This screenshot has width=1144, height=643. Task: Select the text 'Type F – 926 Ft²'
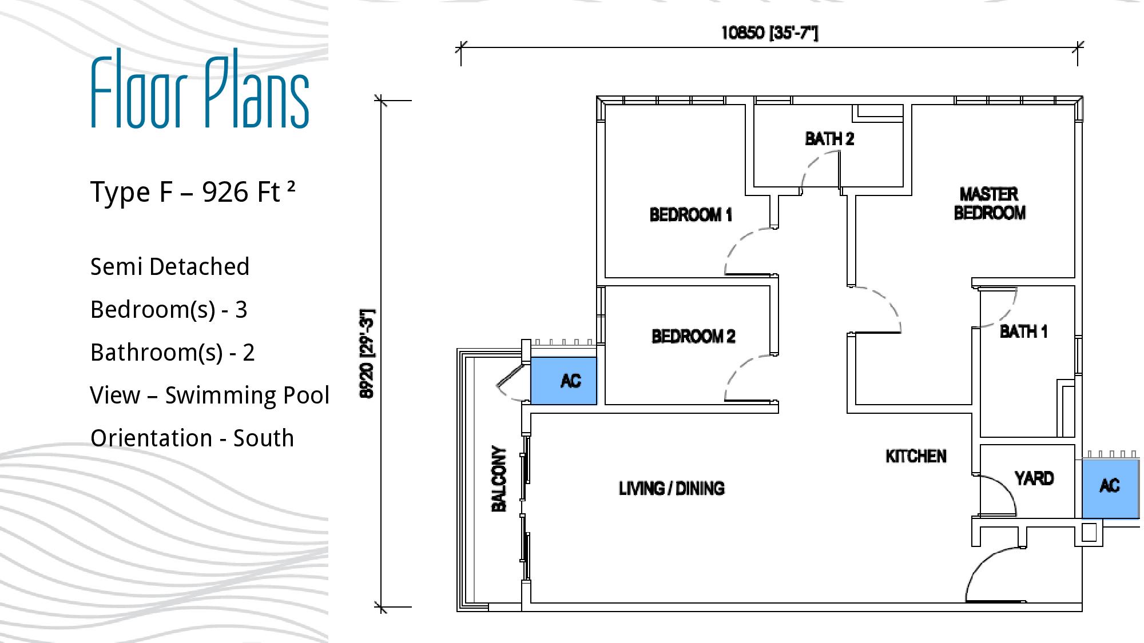click(193, 192)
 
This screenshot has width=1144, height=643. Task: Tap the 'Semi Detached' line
click(170, 267)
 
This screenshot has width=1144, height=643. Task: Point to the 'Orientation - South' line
click(192, 438)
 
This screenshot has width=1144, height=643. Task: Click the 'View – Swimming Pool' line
click(210, 396)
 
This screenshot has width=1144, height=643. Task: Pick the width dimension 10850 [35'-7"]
click(769, 33)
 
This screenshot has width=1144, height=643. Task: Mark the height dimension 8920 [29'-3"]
click(367, 354)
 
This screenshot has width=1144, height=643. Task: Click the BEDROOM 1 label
click(691, 215)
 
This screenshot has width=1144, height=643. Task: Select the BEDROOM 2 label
click(693, 336)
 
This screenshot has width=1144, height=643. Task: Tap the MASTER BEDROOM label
click(990, 203)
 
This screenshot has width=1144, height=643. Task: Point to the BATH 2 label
click(829, 139)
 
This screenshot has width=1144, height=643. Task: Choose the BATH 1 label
click(1023, 332)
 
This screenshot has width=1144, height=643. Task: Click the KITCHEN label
click(916, 456)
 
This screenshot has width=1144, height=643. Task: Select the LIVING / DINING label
click(672, 488)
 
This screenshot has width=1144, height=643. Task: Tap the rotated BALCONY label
click(499, 479)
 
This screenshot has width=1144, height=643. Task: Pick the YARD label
click(1034, 478)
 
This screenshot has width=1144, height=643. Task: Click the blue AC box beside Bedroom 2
click(564, 381)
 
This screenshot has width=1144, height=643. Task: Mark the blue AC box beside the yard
click(1110, 489)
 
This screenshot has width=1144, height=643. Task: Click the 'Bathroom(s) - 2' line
click(172, 353)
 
